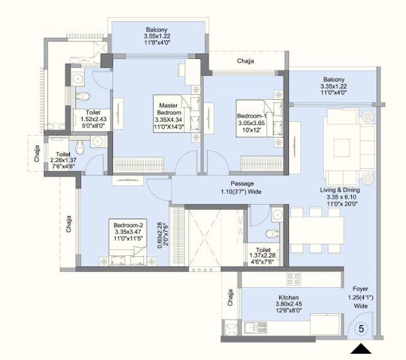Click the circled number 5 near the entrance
click(362, 328)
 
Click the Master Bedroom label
click(168, 116)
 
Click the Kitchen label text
click(288, 302)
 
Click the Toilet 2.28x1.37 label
click(63, 161)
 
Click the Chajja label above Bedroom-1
click(246, 61)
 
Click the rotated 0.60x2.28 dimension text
click(161, 236)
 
